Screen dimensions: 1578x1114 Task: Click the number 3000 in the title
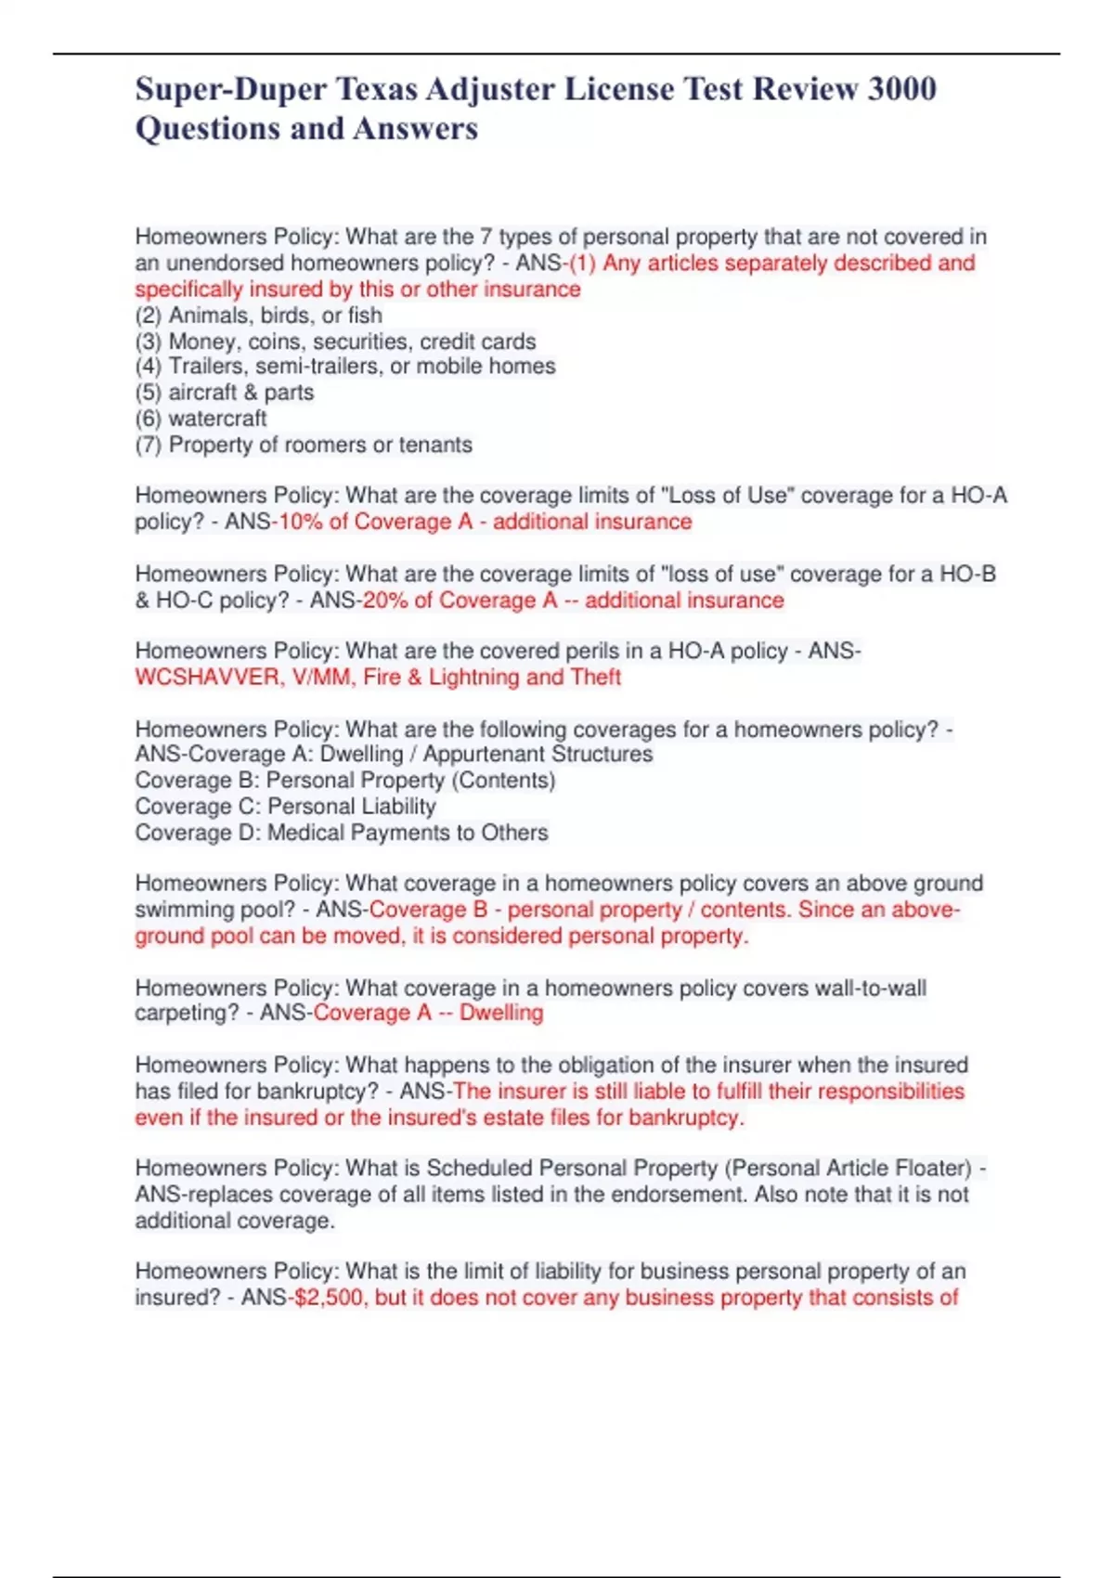tap(901, 89)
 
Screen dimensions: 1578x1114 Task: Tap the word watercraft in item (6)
tap(217, 419)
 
